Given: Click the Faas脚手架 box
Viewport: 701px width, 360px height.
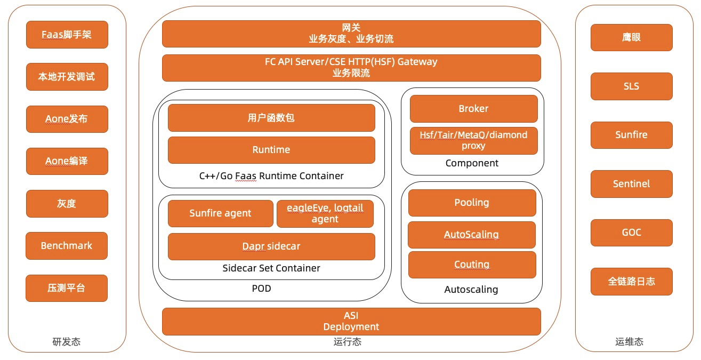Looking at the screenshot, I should click(x=67, y=35).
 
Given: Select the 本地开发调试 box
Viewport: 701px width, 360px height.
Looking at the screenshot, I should click(x=67, y=77).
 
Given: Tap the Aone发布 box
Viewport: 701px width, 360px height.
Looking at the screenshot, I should click(x=67, y=119).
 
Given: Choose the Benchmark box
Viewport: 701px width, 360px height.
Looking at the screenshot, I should click(x=67, y=246).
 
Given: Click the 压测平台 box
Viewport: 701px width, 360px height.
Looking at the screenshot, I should click(x=67, y=288).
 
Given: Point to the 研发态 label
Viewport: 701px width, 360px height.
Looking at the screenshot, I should click(x=67, y=342).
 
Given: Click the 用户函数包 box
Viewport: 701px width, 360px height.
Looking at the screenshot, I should click(x=271, y=118).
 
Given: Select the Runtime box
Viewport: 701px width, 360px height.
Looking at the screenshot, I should click(x=271, y=150).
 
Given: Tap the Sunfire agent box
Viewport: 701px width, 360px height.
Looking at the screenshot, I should click(x=220, y=213).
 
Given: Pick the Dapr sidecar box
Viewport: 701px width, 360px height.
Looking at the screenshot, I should click(x=271, y=246).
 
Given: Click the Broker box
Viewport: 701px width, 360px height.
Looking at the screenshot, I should click(x=473, y=109).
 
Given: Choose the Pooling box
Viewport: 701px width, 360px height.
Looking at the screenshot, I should click(x=472, y=203).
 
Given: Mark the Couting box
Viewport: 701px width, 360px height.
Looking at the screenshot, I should click(x=472, y=265).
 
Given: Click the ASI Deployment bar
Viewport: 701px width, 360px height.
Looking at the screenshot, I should click(x=351, y=322).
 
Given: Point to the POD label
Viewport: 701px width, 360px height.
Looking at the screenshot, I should click(x=261, y=289).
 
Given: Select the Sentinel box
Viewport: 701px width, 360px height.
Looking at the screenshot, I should click(x=631, y=184).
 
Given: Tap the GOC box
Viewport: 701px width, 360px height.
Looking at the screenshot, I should click(x=631, y=233).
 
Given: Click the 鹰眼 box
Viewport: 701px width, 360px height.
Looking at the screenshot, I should click(x=631, y=37).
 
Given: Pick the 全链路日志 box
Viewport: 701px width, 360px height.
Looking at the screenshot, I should click(x=631, y=281).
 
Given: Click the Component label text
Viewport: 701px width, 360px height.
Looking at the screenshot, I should click(x=472, y=163).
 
